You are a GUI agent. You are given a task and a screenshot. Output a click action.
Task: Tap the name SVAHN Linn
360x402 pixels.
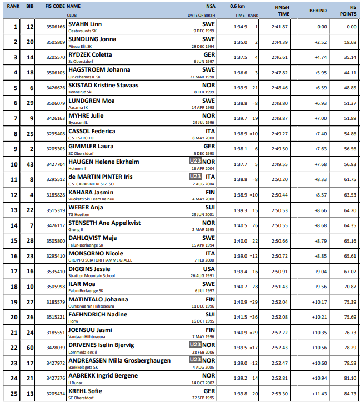point(85,24)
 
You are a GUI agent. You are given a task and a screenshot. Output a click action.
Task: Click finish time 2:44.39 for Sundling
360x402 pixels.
point(279,42)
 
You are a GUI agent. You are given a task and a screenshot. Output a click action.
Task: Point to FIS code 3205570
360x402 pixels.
point(56,57)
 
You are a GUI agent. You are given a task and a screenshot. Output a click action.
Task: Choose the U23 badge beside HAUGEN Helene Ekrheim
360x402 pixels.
point(194,161)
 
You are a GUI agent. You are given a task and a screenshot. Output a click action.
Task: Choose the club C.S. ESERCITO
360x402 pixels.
point(82,138)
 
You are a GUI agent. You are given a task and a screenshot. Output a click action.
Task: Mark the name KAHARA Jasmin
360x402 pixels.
point(91,192)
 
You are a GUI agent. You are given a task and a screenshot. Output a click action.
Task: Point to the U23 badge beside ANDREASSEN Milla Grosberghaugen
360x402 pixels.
point(194,360)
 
